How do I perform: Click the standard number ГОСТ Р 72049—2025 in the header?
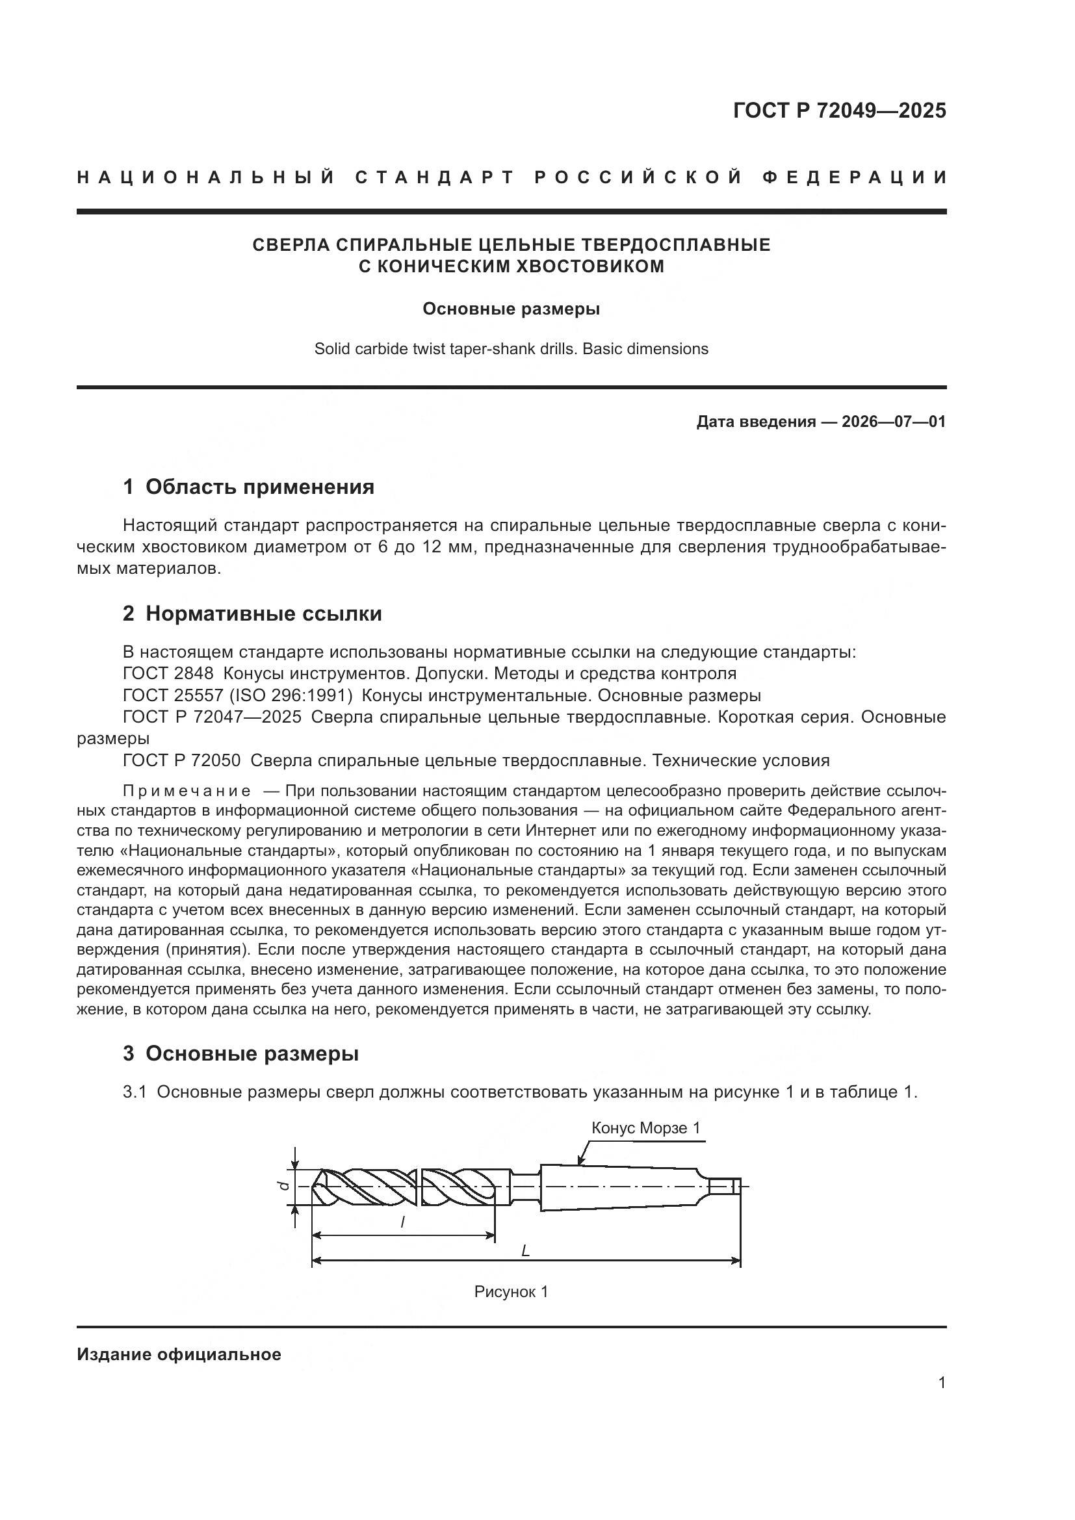click(x=839, y=110)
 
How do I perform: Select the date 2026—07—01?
click(x=893, y=422)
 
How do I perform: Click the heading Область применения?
click(x=259, y=487)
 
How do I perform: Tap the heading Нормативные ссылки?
click(x=263, y=613)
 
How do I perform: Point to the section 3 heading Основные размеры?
click(x=252, y=1053)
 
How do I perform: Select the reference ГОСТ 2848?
click(x=168, y=674)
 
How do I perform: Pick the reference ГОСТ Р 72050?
click(x=182, y=760)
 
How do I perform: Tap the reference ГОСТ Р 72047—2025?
click(x=212, y=717)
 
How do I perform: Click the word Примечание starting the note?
click(x=187, y=791)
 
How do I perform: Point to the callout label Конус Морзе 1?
click(x=645, y=1128)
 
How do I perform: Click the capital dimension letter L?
click(x=526, y=1250)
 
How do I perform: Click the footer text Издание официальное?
click(x=179, y=1354)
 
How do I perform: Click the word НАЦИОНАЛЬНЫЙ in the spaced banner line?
click(x=206, y=177)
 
